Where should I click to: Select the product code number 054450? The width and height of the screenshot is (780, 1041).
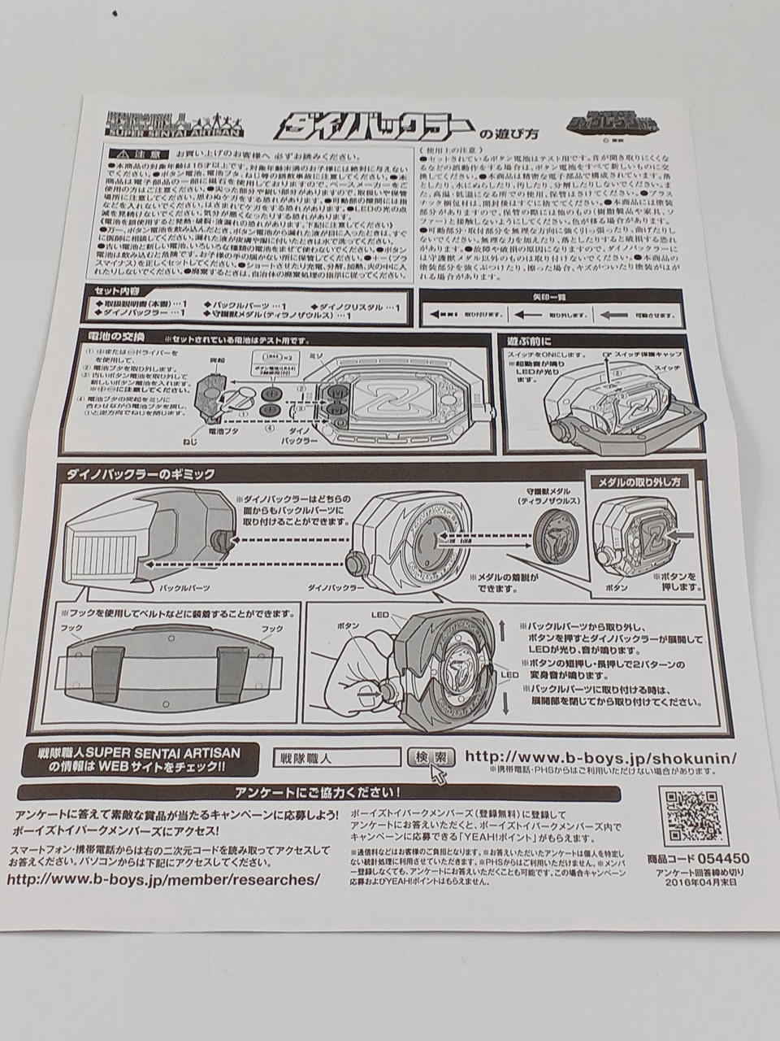(721, 858)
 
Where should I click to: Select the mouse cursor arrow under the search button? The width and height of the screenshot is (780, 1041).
(439, 773)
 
